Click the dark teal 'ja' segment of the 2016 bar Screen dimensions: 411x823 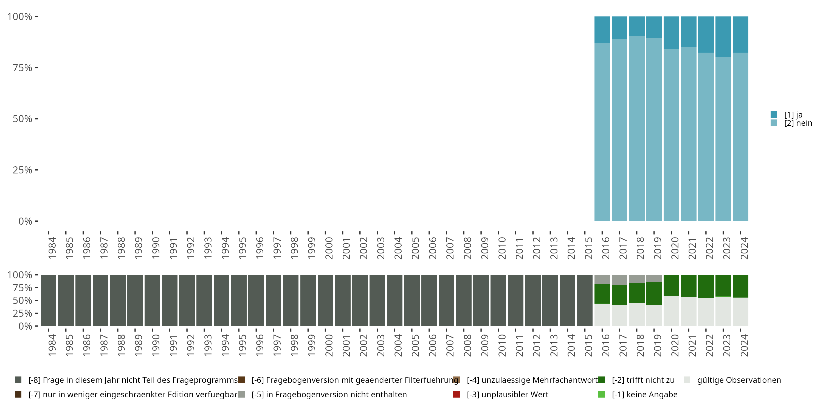[x=602, y=29]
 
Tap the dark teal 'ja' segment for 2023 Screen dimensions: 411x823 [x=723, y=36]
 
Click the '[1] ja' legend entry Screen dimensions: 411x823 [x=793, y=115]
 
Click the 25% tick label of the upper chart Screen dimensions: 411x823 [x=22, y=170]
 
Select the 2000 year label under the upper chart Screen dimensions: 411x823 [x=329, y=248]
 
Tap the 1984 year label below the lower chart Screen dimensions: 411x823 [x=52, y=345]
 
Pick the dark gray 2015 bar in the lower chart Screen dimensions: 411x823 [x=585, y=300]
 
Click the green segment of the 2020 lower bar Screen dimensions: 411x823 [x=671, y=285]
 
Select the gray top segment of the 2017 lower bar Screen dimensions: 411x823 [x=619, y=279]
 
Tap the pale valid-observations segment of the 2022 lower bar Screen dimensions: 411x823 [x=706, y=312]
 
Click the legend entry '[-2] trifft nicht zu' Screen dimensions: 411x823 [x=643, y=380]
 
